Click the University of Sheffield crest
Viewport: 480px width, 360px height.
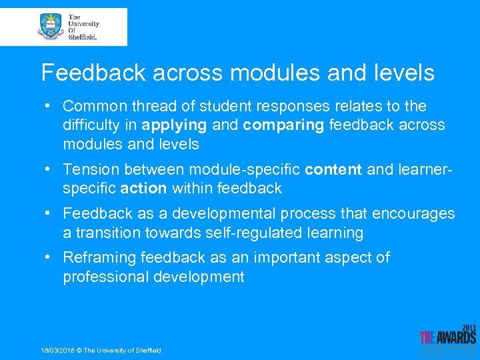[x=51, y=26]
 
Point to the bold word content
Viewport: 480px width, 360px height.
[x=334, y=170]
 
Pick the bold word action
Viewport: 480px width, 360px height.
[x=143, y=189]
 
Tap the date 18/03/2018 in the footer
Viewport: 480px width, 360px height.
[x=57, y=351]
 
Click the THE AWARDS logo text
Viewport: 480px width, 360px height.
[x=447, y=337]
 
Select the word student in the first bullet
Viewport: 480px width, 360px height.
[x=219, y=106]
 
